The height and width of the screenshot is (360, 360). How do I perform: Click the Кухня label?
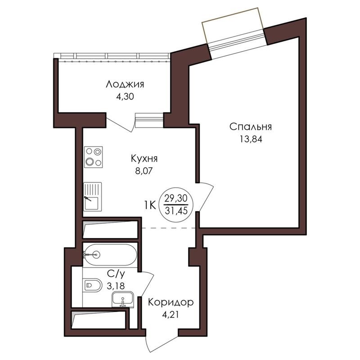(144, 159)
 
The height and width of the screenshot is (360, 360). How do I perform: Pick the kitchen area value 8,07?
(144, 171)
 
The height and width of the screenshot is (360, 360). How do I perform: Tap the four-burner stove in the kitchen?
(93, 157)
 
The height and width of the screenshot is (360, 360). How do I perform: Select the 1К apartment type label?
(150, 205)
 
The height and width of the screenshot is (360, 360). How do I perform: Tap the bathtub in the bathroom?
(109, 255)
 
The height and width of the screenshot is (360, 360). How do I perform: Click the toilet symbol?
(93, 285)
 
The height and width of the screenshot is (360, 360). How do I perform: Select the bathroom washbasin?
(122, 298)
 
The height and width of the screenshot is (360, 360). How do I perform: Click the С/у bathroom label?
(113, 273)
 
